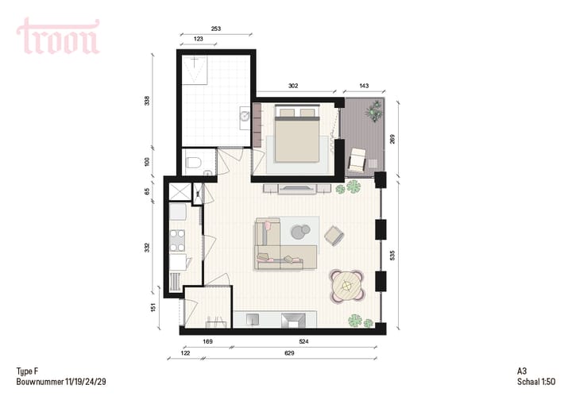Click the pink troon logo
(x=58, y=37)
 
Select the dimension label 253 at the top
(x=216, y=28)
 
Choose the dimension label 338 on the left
(x=148, y=101)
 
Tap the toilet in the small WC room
(x=191, y=164)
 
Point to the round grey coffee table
(x=301, y=232)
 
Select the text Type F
(x=27, y=371)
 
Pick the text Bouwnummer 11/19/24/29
(x=61, y=382)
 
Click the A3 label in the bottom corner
(x=521, y=371)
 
